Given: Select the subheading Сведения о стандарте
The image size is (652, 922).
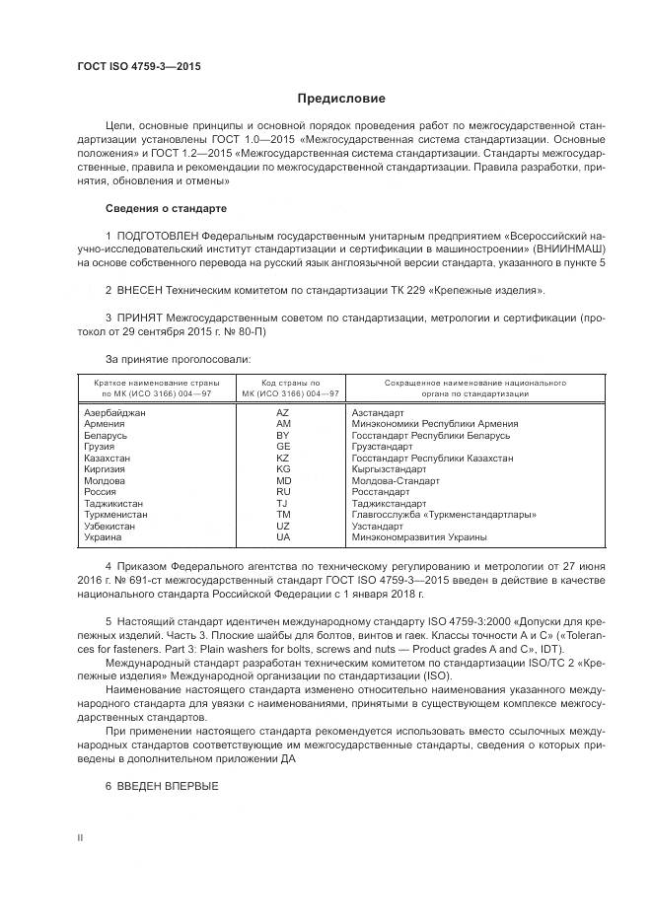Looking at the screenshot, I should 166,209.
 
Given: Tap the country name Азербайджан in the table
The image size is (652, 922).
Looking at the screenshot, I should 115,413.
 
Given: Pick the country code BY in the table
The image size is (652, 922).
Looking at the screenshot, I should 283,435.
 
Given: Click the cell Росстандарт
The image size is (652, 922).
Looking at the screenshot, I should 380,491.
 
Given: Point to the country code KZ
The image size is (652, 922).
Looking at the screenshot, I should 283,459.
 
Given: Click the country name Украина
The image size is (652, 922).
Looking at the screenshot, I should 104,537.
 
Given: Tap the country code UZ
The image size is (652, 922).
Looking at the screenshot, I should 283,527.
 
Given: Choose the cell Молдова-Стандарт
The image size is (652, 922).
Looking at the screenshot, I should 395,480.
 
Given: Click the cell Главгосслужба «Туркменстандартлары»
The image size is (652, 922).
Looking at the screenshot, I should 444,515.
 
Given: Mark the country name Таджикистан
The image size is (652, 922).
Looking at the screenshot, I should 114,503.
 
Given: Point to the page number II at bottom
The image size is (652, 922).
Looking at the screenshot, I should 81,836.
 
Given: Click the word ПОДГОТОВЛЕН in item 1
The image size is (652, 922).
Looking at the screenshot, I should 158,238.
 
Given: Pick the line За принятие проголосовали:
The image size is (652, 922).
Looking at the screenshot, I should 179,359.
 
